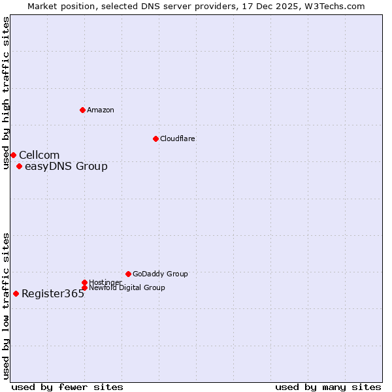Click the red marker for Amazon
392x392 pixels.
coord(82,110)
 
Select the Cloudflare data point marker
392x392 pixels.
coord(155,139)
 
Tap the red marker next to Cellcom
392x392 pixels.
coord(13,155)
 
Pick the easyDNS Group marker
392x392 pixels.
coord(19,166)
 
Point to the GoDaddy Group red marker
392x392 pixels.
coord(128,274)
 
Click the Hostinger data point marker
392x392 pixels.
coord(84,282)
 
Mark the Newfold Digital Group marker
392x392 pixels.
coord(84,287)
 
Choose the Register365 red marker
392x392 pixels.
coord(16,293)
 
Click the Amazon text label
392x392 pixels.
coord(101,110)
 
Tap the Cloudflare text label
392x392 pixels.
coord(178,139)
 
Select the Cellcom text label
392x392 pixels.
coord(39,155)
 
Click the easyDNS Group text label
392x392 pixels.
coord(66,166)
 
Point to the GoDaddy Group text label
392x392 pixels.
coord(160,274)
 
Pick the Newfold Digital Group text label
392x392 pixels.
coord(127,288)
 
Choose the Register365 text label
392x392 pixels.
coord(53,293)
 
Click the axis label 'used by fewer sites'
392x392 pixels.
coord(67,387)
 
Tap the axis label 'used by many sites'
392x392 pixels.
coord(328,387)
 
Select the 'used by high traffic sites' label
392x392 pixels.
coord(7,93)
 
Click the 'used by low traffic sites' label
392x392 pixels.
coord(7,306)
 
